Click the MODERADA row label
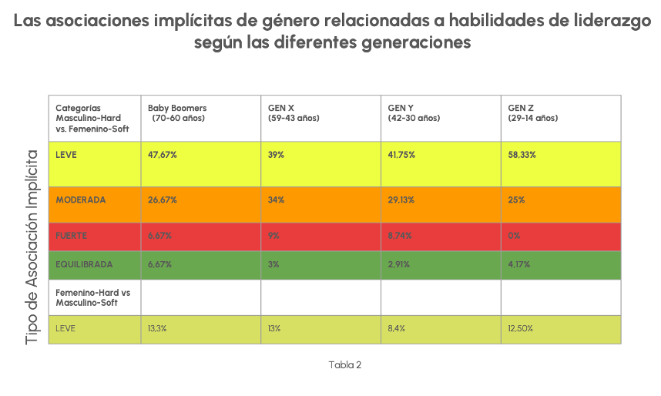[x=81, y=200]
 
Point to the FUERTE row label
[x=72, y=235]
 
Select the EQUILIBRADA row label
[x=85, y=264]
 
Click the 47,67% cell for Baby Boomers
[x=163, y=155]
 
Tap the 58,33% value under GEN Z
[x=522, y=155]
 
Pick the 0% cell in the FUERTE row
[x=514, y=235]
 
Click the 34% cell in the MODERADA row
[x=276, y=200]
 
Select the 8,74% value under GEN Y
[x=401, y=235]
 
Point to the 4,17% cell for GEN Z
[x=520, y=264]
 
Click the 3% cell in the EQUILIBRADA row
[x=273, y=264]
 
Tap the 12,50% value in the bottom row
[x=521, y=328]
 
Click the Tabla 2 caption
[x=344, y=364]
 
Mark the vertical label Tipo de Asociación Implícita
[x=32, y=247]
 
